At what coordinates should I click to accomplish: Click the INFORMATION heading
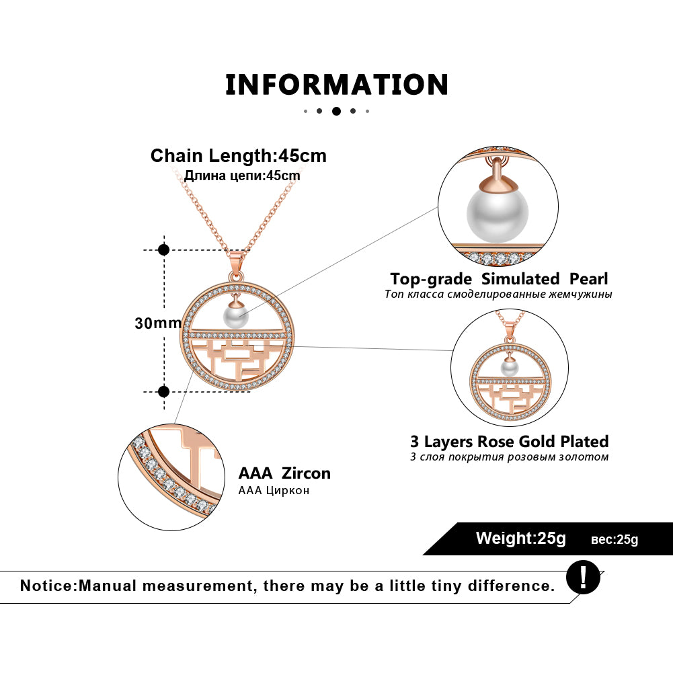pyautogui.click(x=336, y=85)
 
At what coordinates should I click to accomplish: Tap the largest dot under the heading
pyautogui.click(x=336, y=111)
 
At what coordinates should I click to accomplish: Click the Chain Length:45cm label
pyautogui.click(x=238, y=156)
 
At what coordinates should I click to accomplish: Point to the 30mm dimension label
pyautogui.click(x=154, y=323)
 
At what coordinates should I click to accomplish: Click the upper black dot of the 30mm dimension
pyautogui.click(x=163, y=249)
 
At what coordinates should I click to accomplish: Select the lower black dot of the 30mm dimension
pyautogui.click(x=163, y=391)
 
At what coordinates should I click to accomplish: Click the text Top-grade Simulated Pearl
pyautogui.click(x=499, y=278)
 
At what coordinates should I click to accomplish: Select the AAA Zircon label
pyautogui.click(x=284, y=473)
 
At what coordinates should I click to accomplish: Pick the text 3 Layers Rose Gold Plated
pyautogui.click(x=509, y=441)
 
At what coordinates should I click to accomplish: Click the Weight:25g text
pyautogui.click(x=521, y=538)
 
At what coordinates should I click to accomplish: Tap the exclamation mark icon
pyautogui.click(x=582, y=577)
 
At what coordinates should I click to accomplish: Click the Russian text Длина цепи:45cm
pyautogui.click(x=242, y=176)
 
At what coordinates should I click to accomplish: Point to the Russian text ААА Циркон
pyautogui.click(x=274, y=490)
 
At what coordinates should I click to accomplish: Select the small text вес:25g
pyautogui.click(x=615, y=539)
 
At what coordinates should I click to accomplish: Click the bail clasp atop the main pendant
pyautogui.click(x=235, y=266)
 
